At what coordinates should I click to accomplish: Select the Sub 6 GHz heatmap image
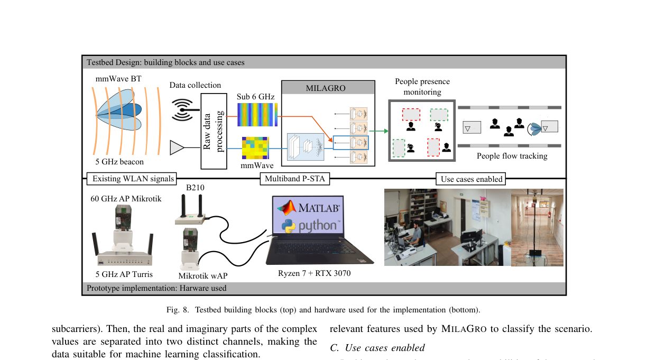(x=257, y=114)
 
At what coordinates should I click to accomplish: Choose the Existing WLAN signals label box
(x=133, y=179)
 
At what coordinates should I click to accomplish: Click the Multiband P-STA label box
(x=294, y=179)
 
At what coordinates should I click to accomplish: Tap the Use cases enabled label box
(x=472, y=179)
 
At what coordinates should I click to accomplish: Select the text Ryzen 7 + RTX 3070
(x=314, y=273)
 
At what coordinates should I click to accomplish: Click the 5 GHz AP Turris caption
(x=124, y=274)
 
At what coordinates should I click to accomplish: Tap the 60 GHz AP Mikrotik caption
(x=125, y=199)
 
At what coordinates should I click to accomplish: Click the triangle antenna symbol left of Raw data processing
(x=177, y=148)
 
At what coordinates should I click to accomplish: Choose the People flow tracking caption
(x=512, y=156)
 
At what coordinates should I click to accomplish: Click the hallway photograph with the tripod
(x=537, y=227)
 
